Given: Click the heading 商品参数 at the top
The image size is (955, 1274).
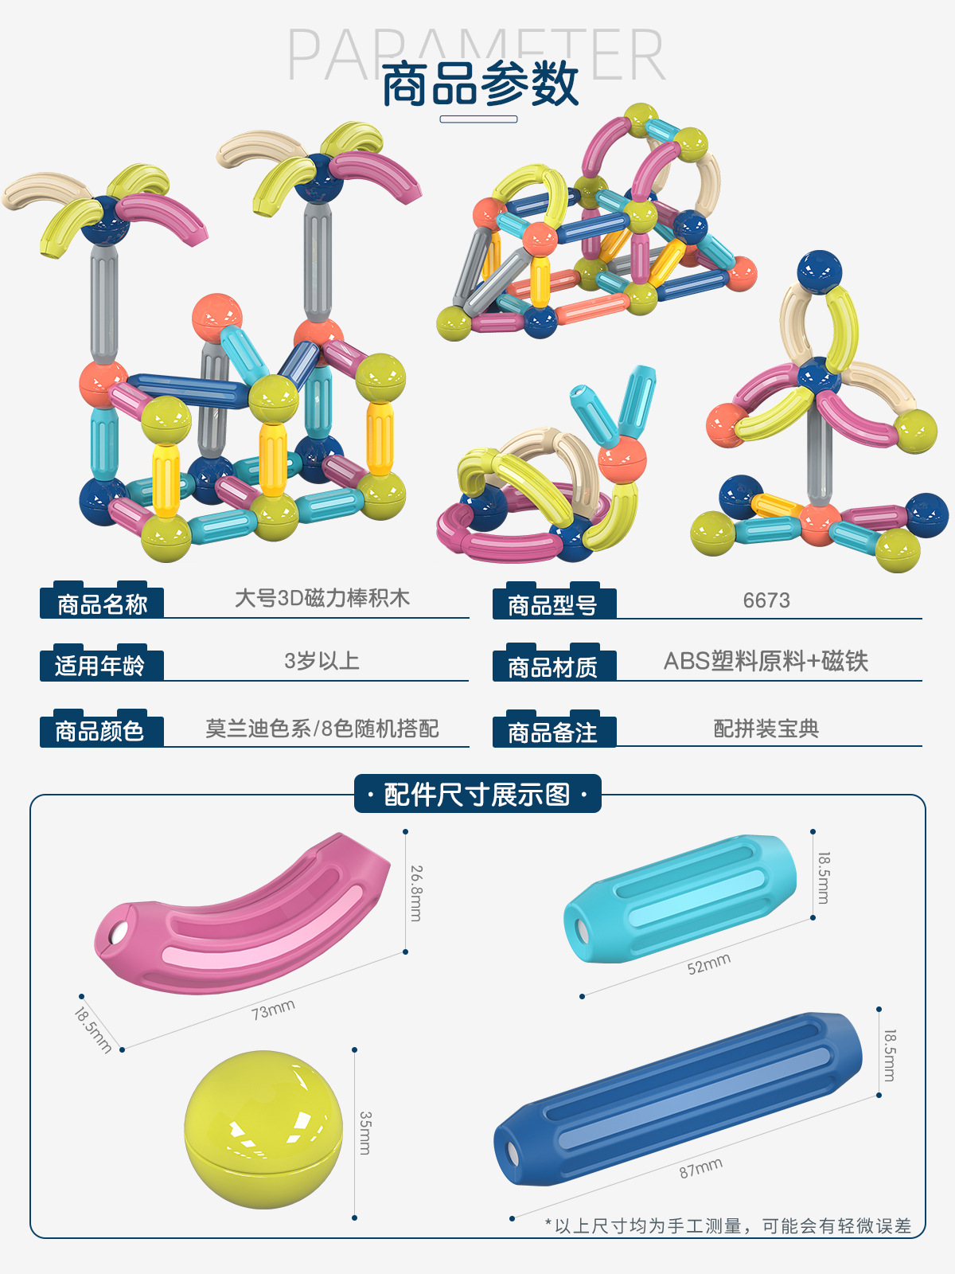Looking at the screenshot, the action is (480, 84).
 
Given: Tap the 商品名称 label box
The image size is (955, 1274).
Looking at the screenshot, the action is (102, 604).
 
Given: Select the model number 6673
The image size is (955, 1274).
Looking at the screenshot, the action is (766, 600).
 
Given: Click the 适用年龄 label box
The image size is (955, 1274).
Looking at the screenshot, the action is (100, 665).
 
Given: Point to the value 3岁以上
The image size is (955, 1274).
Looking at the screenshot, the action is (322, 661).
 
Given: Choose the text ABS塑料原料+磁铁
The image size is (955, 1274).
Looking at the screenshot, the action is (766, 661).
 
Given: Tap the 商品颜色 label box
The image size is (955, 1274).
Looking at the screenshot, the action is (100, 730).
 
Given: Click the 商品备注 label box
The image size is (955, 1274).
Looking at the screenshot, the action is (553, 732).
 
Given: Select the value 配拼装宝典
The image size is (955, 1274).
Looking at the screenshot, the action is (766, 729).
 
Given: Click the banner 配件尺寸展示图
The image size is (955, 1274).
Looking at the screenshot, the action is (477, 794).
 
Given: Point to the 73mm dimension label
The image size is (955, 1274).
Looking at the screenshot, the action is (273, 1010).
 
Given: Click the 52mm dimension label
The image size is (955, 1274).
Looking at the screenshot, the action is (708, 964).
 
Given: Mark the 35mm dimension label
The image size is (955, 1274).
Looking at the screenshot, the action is (365, 1132).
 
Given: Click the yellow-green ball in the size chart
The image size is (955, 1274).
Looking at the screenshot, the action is (263, 1129).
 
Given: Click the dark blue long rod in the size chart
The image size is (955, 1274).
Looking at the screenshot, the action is (676, 1099).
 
